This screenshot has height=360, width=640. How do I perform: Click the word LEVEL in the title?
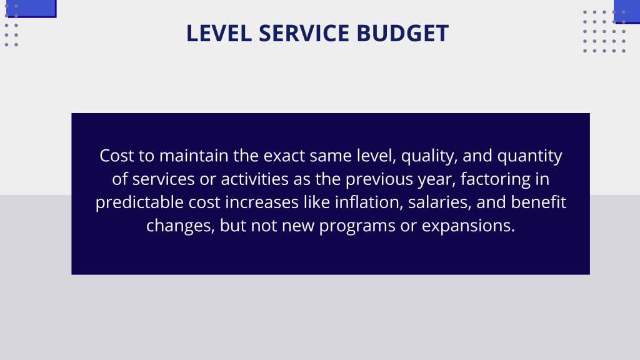click(219, 34)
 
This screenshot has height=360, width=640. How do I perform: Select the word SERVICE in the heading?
click(304, 34)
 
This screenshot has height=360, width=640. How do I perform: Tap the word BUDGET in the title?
click(402, 34)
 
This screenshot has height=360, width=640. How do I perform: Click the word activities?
click(255, 179)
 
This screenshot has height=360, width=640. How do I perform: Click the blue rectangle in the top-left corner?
click(32, 9)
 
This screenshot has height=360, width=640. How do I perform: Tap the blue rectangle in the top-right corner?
click(627, 12)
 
